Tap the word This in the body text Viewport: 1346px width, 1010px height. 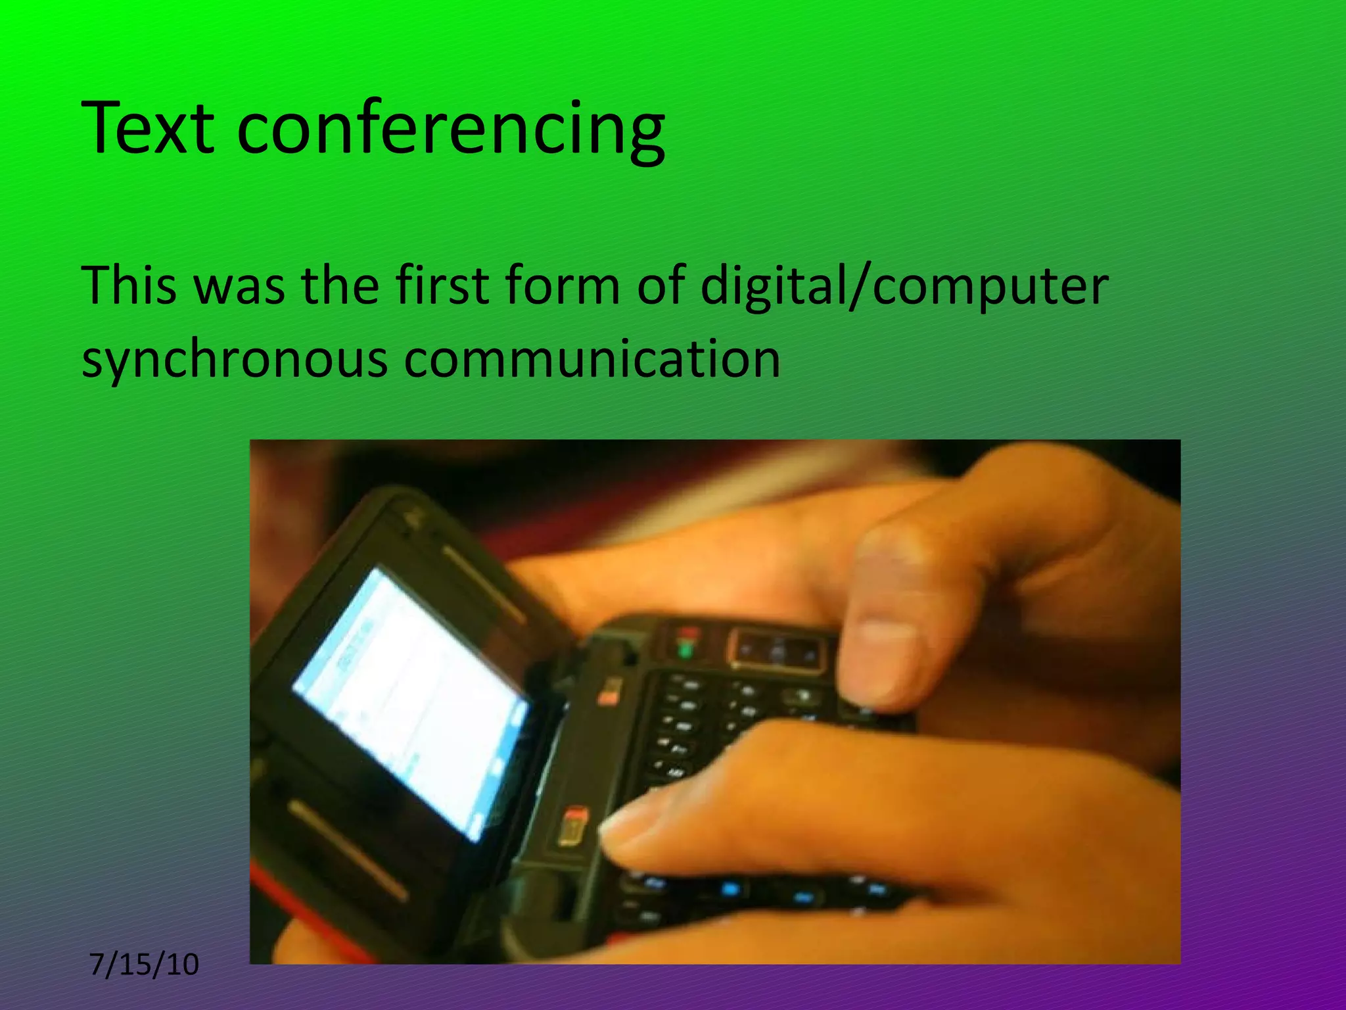tap(129, 286)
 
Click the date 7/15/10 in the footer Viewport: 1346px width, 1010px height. tap(144, 965)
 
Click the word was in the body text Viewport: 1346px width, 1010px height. tap(240, 286)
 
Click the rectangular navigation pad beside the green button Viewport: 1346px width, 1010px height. tap(776, 652)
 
